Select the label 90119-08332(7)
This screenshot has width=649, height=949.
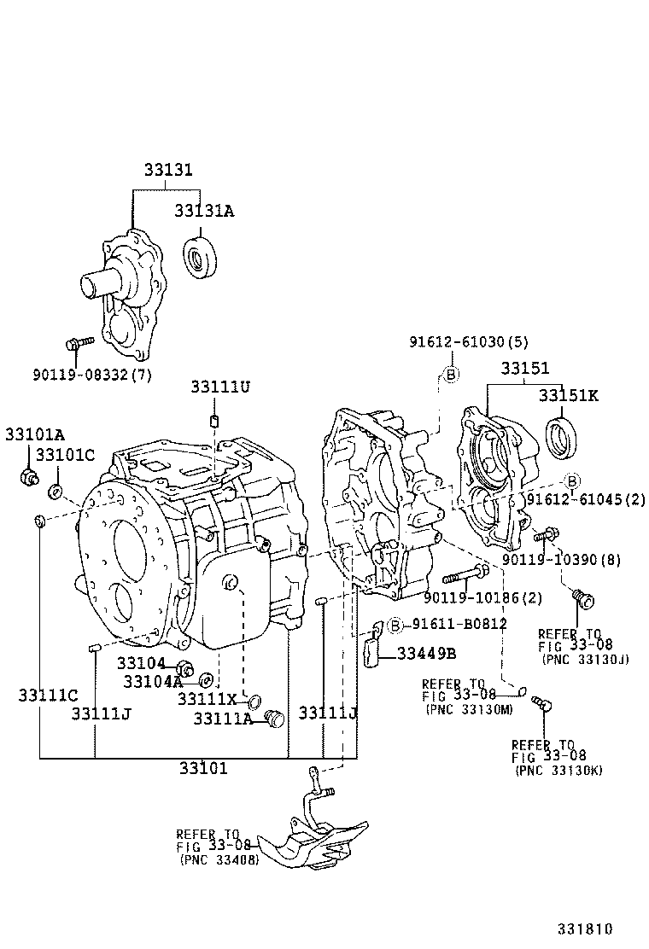(92, 375)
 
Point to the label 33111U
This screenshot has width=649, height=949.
(219, 387)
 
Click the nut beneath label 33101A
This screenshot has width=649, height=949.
(28, 476)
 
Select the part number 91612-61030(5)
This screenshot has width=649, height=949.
(468, 342)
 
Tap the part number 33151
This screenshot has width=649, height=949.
(525, 369)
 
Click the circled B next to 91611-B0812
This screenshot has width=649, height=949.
(395, 626)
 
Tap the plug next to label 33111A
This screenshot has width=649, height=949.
(274, 719)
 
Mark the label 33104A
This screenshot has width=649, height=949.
(153, 681)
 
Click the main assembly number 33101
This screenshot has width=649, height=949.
(203, 768)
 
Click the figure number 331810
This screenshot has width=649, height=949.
(586, 929)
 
